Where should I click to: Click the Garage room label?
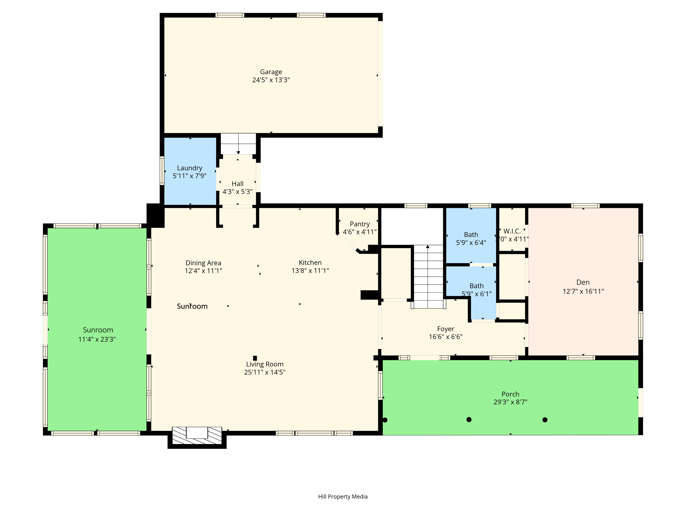[x=271, y=72]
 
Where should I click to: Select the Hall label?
[x=238, y=184]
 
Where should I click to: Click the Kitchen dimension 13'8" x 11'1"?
[x=310, y=271]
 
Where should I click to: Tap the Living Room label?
[x=264, y=364]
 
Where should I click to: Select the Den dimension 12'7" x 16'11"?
[x=583, y=291]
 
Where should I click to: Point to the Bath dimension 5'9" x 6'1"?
[x=476, y=294]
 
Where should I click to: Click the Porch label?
[x=510, y=394]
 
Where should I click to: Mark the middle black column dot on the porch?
[x=469, y=419]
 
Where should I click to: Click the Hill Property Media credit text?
[x=343, y=497]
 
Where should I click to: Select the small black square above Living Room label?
[x=255, y=358]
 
